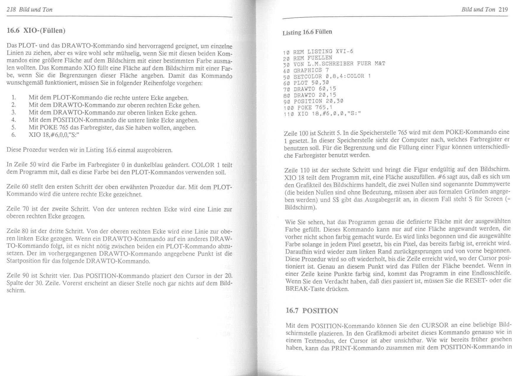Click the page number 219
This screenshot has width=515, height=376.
click(503, 9)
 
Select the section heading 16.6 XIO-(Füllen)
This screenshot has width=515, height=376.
click(36, 30)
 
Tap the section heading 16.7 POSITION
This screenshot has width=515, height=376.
click(312, 311)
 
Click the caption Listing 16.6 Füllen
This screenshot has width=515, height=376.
click(307, 32)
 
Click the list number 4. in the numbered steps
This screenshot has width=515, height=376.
click(14, 120)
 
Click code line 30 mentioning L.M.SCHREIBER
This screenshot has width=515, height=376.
click(334, 64)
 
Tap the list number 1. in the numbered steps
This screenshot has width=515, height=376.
click(14, 98)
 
